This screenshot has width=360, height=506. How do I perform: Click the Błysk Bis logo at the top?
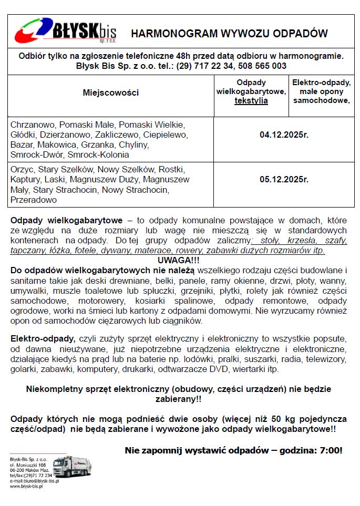(65, 32)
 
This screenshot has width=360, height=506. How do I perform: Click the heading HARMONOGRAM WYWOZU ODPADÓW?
(229, 34)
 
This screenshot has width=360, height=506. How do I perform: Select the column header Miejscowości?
(110, 93)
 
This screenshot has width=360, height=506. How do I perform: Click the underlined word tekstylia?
(251, 101)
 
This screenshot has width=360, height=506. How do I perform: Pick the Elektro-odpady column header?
(322, 91)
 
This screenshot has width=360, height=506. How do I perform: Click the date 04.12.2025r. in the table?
(284, 135)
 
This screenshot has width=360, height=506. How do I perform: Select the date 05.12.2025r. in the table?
(284, 179)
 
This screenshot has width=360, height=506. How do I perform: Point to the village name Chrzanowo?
(32, 125)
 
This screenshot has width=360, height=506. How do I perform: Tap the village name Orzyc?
(22, 170)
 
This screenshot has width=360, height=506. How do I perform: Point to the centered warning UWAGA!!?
(179, 261)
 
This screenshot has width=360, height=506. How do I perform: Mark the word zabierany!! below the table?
(179, 399)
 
